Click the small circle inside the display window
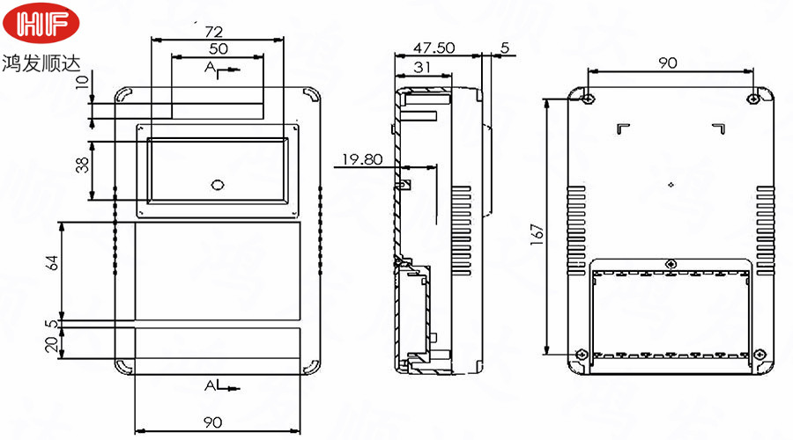pos(218,185)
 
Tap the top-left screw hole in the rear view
pos(589,96)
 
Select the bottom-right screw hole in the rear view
pos(756,355)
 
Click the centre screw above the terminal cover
pos(672,263)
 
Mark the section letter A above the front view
pos(210,67)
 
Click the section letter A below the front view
pos(210,386)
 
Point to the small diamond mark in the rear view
pos(672,185)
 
